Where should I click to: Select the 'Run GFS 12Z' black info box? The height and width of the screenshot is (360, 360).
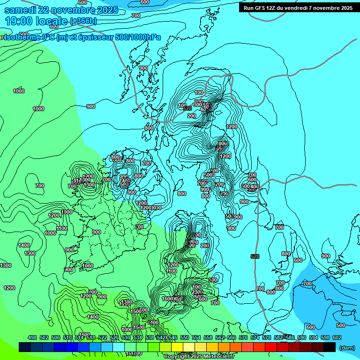[x=297, y=7]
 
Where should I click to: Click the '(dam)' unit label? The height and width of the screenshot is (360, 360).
[x=346, y=348]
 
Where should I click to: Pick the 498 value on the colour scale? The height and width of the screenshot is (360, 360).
[x=32, y=337]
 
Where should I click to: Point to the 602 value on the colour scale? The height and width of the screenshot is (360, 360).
[x=337, y=337]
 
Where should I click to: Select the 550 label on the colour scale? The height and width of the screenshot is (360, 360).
[x=185, y=337]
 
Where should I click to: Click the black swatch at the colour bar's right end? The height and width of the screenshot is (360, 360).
[x=330, y=347]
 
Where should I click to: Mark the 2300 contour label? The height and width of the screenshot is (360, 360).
[x=197, y=292]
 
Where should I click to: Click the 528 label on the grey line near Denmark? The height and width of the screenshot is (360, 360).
[x=255, y=256]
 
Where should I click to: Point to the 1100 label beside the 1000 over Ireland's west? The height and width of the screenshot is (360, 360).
[x=62, y=228]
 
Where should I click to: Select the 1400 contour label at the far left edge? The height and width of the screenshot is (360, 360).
[x=24, y=245]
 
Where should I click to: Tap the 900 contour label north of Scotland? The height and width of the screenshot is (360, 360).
[x=143, y=68]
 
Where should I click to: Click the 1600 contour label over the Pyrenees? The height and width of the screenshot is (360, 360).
[x=168, y=299]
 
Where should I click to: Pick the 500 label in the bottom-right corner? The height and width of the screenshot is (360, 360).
[x=341, y=325]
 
